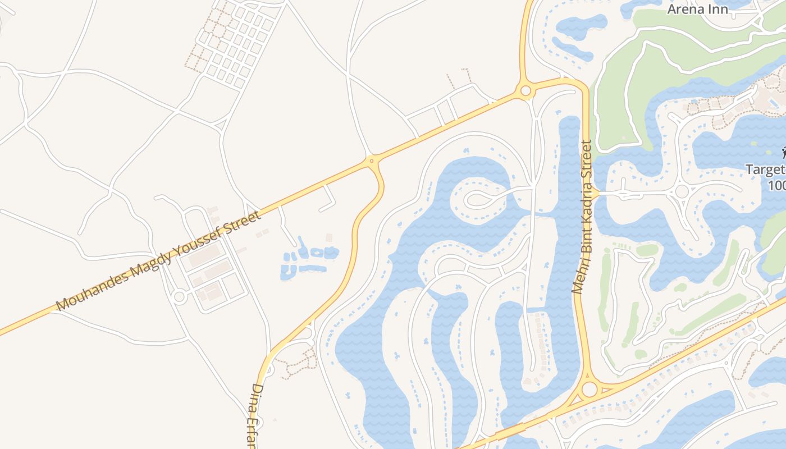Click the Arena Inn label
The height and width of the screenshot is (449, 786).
click(697, 10)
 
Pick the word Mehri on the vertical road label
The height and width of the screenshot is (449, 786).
click(578, 274)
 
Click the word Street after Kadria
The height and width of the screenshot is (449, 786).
click(587, 160)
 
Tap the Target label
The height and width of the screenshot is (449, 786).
click(765, 169)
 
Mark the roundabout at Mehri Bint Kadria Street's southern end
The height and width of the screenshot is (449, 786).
click(589, 389)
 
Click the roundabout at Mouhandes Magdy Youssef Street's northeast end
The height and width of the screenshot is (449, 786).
click(525, 90)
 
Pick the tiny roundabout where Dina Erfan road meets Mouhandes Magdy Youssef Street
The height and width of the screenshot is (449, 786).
click(371, 161)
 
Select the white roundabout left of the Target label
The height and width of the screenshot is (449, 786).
click(682, 191)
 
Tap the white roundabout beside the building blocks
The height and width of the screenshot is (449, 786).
click(179, 297)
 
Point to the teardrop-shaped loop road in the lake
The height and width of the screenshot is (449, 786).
click(476, 198)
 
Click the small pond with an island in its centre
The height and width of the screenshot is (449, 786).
click(317, 253)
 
